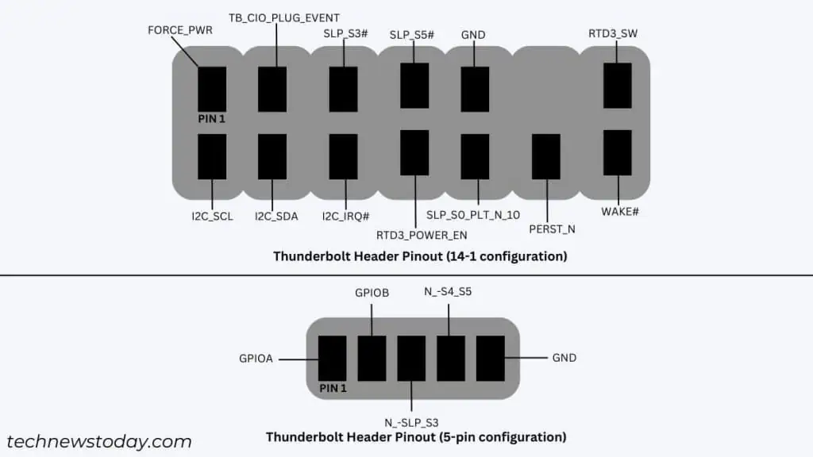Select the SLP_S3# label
(345, 34)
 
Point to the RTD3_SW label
(613, 33)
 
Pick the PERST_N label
(552, 229)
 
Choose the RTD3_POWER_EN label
(422, 235)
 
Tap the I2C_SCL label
(210, 215)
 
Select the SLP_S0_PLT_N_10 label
(473, 215)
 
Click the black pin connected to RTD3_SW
(618, 86)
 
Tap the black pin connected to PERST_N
(545, 156)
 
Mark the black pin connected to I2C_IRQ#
(343, 156)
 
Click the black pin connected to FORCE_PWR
(212, 89)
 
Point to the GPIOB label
(371, 293)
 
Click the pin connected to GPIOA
(332, 358)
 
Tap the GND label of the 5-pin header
(564, 358)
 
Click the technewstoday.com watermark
(98, 442)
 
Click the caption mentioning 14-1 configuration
(420, 256)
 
